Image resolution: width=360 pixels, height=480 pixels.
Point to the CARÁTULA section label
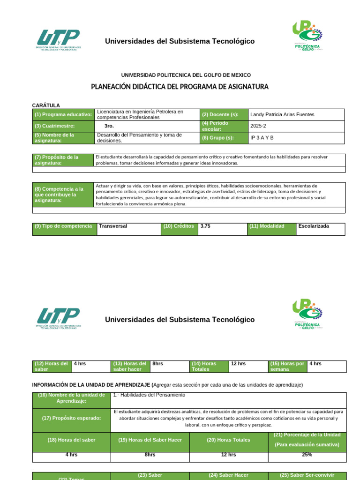(x=46, y=105)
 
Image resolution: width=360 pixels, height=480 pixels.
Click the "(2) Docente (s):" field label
(x=220, y=114)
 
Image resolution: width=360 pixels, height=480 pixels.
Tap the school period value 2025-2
(x=258, y=126)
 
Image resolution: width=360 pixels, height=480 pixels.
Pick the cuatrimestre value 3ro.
(x=109, y=126)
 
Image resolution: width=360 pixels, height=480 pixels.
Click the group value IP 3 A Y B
(x=262, y=138)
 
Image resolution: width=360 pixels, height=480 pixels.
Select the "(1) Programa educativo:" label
(x=63, y=114)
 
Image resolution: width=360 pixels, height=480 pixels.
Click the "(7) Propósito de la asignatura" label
(x=56, y=160)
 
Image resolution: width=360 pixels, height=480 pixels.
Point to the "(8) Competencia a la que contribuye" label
(x=59, y=195)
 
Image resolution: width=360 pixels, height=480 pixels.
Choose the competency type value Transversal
(x=113, y=226)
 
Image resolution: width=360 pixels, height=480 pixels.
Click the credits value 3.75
(x=205, y=226)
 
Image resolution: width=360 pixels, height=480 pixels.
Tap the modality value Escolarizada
(x=314, y=226)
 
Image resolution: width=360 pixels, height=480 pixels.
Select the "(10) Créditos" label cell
(x=179, y=226)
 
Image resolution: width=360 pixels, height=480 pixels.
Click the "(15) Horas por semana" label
(x=287, y=366)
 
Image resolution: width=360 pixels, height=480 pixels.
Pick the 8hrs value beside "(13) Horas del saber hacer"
(x=158, y=363)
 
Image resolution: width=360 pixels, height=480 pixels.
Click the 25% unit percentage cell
(x=307, y=454)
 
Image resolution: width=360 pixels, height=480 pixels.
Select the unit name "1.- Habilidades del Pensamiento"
(x=149, y=395)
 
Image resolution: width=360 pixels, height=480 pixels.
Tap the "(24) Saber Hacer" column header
(x=228, y=475)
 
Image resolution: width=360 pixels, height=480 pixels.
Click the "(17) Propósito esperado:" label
(x=71, y=418)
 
